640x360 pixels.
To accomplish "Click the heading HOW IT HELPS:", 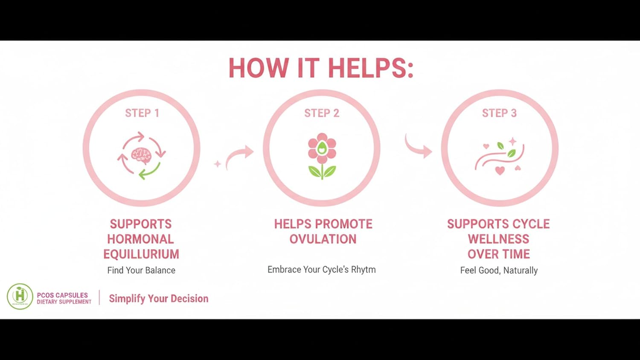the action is click(321, 68).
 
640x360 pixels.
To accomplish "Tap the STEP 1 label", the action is click(142, 113).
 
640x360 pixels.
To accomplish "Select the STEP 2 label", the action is click(322, 113).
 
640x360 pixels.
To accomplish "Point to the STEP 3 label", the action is click(500, 113).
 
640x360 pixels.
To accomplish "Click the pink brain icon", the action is click(141, 156).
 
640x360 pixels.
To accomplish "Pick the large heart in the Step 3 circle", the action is click(500, 171).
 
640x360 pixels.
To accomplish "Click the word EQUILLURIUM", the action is click(141, 254).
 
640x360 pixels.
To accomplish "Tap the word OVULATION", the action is click(323, 239).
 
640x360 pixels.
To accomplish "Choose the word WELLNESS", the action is click(499, 239).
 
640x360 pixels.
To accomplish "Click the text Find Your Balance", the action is click(141, 270).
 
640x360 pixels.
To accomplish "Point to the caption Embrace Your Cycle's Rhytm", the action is click(321, 270).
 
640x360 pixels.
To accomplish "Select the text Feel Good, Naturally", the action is click(499, 270).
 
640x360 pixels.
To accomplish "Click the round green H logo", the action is click(20, 296).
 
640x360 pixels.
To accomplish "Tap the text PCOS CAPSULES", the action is click(62, 295).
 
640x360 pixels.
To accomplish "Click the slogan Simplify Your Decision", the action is click(159, 299).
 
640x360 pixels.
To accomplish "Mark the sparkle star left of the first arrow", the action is click(218, 164).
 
